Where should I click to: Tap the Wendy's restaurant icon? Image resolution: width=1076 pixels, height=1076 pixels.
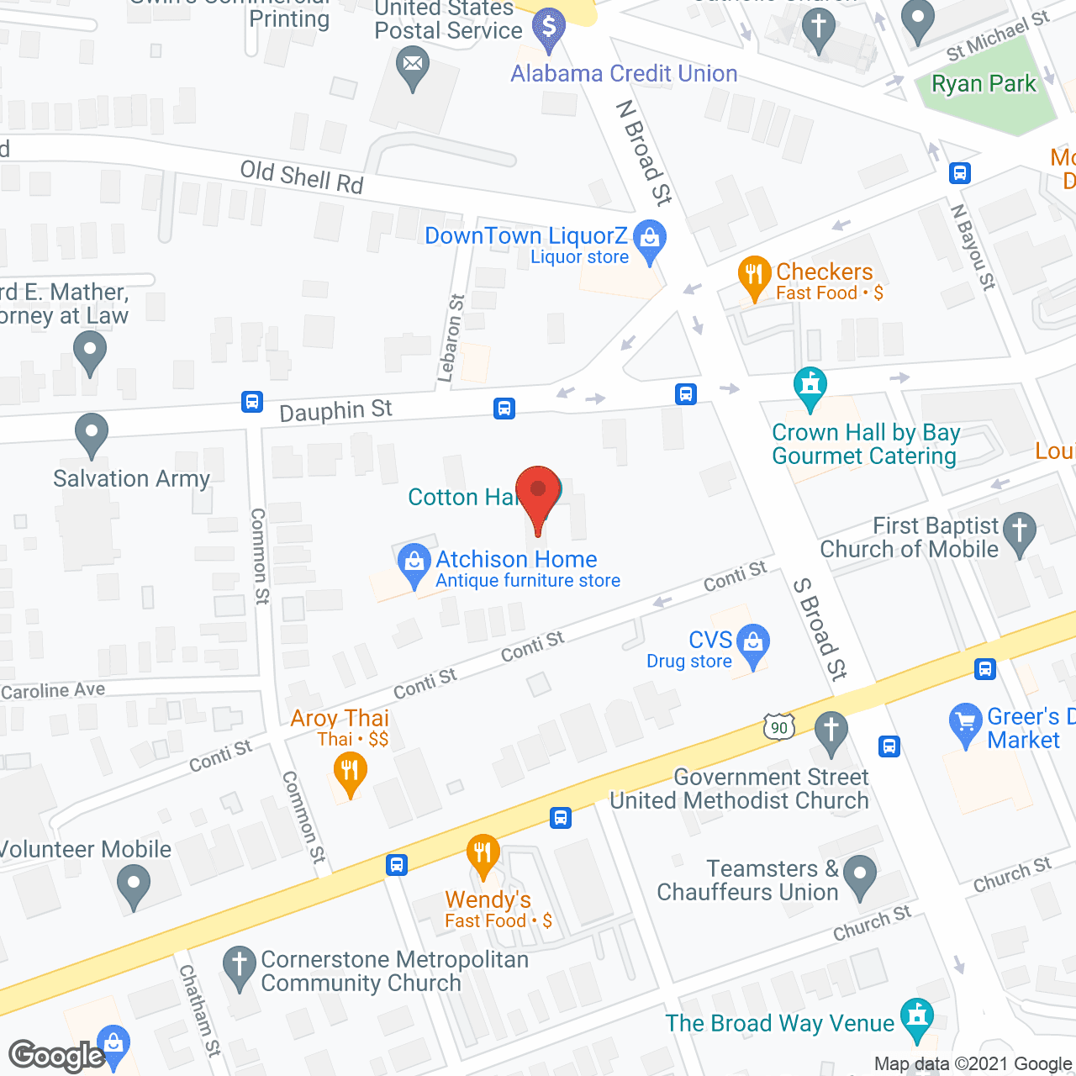(483, 855)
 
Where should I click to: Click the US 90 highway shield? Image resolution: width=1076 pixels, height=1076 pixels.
(779, 727)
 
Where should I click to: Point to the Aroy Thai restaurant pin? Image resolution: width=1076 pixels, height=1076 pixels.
(350, 771)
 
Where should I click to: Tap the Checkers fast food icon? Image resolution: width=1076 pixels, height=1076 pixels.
(754, 276)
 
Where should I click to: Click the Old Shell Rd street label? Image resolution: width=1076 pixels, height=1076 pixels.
(302, 177)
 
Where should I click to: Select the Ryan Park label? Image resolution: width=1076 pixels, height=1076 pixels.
(984, 84)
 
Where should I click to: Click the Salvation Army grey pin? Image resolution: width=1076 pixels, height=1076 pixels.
(92, 434)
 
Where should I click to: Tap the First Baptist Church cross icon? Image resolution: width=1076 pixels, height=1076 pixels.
(1020, 531)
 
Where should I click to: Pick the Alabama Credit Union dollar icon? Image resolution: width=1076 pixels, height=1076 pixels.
(549, 26)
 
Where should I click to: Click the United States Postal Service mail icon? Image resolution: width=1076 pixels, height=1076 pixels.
(412, 65)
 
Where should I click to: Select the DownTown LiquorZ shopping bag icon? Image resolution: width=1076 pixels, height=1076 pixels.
(649, 240)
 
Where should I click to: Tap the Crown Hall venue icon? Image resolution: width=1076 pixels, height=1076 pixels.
(810, 387)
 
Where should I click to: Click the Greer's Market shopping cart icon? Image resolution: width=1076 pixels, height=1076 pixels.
(965, 722)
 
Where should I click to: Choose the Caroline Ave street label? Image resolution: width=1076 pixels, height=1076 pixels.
(54, 691)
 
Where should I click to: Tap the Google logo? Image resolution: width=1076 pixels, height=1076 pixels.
(56, 1056)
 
